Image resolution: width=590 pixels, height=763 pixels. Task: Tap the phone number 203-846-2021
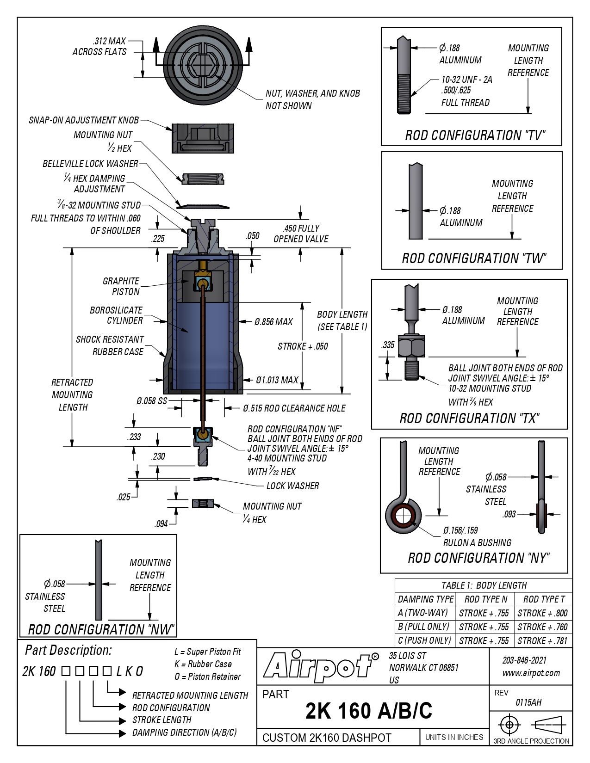(x=524, y=660)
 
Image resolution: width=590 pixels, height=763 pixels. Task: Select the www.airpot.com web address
(x=531, y=673)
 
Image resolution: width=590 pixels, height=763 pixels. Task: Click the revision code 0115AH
(x=528, y=702)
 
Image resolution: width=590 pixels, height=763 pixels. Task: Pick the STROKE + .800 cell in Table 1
(x=542, y=613)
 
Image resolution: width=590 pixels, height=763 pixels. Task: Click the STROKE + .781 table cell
(x=542, y=641)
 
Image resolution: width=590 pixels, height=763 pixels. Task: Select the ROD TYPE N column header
(x=485, y=599)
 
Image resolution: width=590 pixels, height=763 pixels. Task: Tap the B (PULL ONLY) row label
(x=424, y=627)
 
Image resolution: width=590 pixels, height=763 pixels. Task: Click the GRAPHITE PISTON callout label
(x=121, y=286)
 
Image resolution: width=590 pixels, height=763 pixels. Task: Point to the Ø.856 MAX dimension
(x=273, y=322)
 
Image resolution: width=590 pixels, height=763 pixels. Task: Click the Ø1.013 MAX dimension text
(x=277, y=380)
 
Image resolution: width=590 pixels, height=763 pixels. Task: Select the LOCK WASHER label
(x=293, y=486)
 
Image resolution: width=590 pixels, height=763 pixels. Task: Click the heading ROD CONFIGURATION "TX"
(x=470, y=418)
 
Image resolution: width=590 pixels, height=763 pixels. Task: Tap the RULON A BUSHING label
(x=477, y=543)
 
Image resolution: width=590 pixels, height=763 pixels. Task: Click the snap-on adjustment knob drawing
(x=203, y=138)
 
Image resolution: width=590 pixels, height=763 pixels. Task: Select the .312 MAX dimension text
(x=109, y=41)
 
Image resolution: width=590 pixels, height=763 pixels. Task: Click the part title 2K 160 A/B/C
(x=369, y=711)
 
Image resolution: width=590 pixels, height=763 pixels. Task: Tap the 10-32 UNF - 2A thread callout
(x=466, y=80)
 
